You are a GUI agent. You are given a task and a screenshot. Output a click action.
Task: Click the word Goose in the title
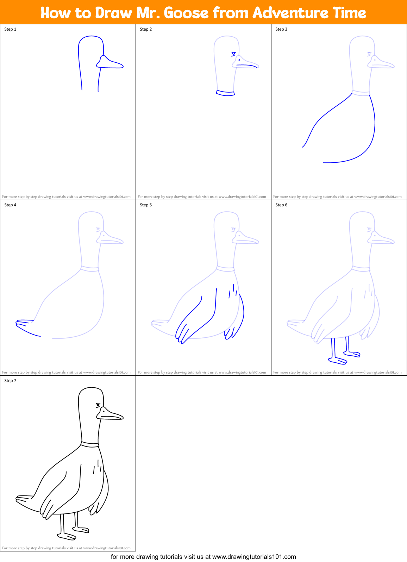186,13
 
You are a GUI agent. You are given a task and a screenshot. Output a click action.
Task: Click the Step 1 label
10,29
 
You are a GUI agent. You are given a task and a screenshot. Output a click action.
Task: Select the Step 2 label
146,29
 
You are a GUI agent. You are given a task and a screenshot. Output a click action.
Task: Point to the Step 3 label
281,29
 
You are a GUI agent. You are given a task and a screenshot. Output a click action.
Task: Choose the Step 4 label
10,205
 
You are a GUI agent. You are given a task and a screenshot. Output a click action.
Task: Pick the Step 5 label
146,205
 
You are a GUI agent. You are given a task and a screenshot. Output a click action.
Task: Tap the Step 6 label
281,205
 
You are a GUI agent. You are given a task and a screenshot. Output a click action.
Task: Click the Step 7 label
10,381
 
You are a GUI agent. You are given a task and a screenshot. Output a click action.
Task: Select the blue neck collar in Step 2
225,93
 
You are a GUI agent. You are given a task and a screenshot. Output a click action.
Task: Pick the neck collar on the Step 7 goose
90,444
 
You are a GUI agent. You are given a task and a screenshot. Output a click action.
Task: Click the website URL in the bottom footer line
254,557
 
